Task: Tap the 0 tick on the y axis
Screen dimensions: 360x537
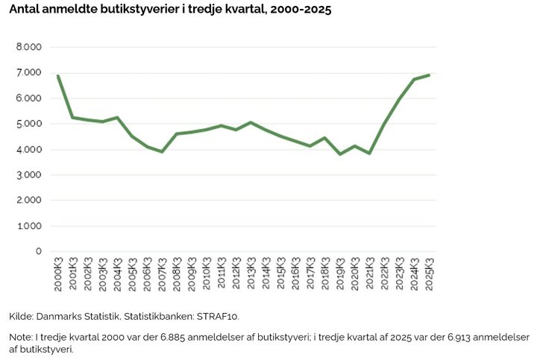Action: (38, 251)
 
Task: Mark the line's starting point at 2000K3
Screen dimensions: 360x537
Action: (57, 76)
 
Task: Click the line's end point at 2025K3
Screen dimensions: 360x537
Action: (429, 75)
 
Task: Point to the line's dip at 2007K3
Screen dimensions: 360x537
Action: (162, 151)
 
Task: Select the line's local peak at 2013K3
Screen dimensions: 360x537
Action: (251, 122)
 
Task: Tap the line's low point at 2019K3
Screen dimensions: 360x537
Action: (340, 154)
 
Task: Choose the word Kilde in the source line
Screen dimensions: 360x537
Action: (20, 316)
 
